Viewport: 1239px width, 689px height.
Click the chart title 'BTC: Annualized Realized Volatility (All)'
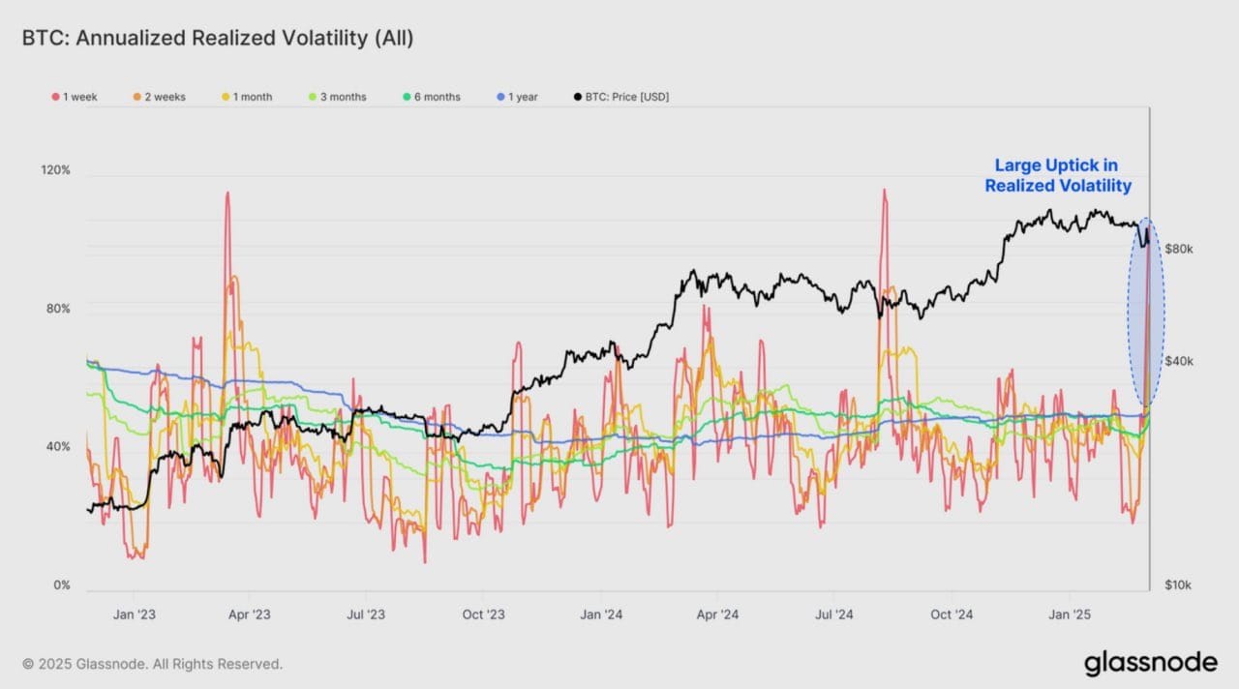(218, 38)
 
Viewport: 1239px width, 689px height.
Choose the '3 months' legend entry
(337, 97)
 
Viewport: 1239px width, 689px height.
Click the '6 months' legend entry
(431, 97)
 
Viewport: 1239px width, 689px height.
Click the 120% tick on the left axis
(55, 170)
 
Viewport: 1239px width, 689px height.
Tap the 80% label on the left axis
(58, 310)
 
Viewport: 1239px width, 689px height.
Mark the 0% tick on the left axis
(61, 585)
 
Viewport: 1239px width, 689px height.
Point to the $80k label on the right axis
(1178, 249)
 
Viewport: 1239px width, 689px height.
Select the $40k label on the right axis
(1178, 361)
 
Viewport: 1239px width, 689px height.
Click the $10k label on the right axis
(1178, 585)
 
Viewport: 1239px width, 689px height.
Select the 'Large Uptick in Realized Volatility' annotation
(1057, 176)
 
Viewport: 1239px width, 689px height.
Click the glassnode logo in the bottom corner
(1150, 663)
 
